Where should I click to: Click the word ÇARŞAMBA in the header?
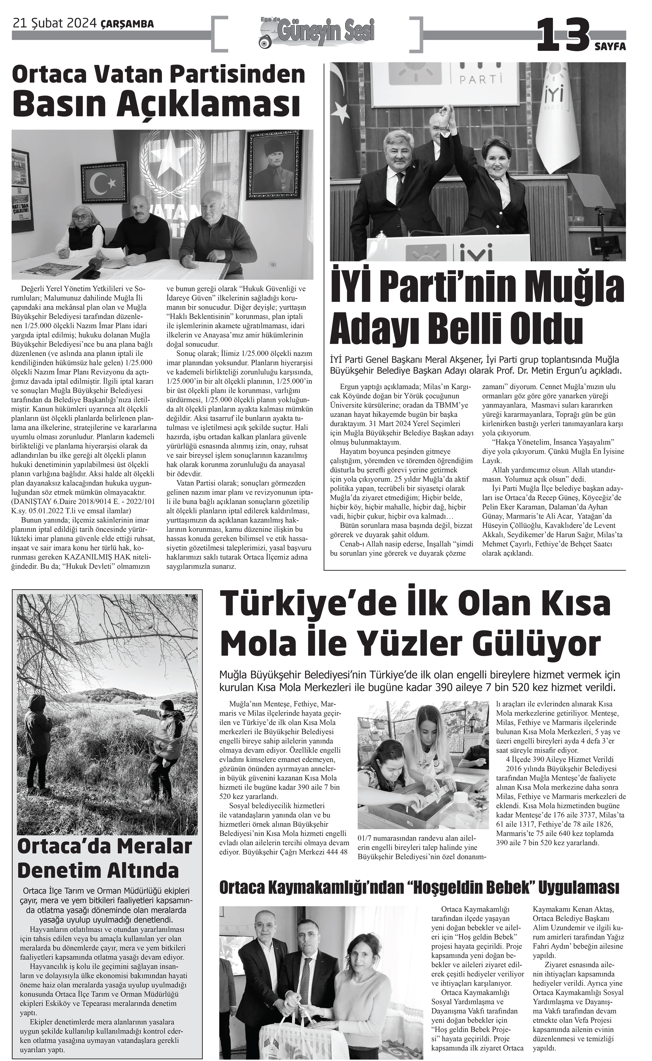pos(127,25)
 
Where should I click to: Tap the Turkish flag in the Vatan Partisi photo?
pos(105,183)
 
